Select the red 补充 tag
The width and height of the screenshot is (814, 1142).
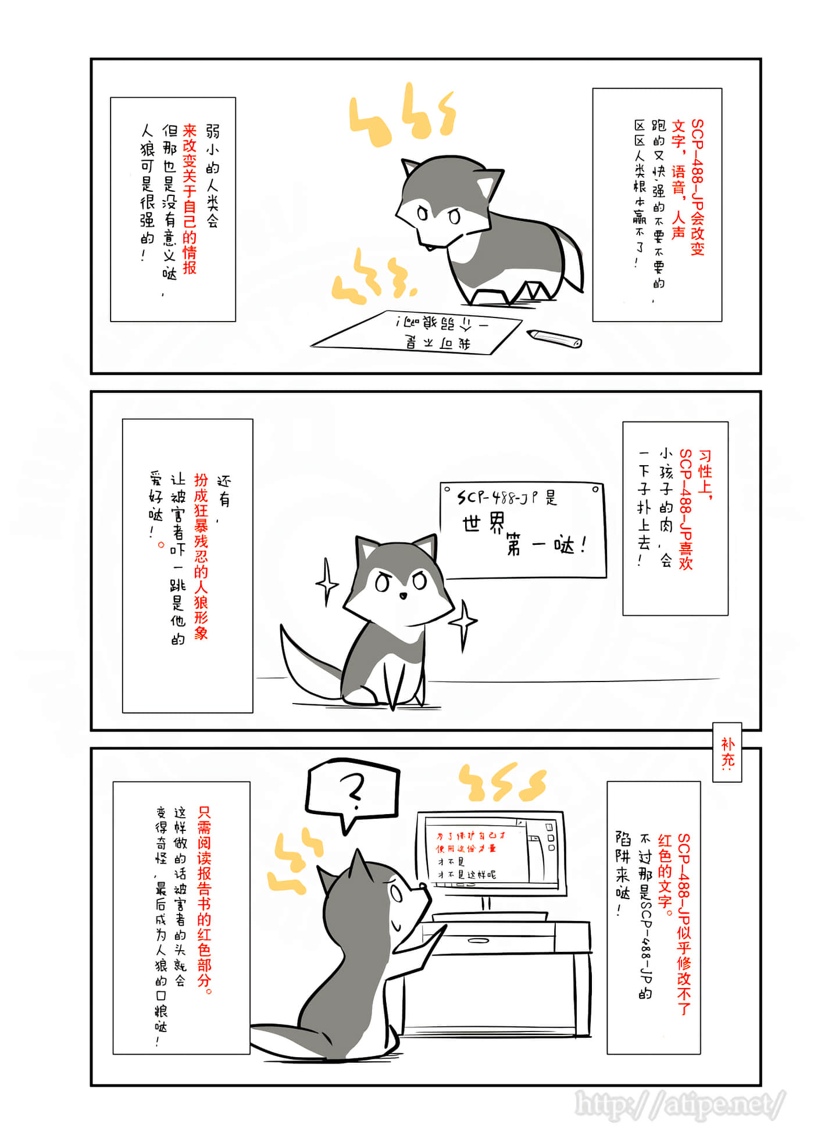click(727, 752)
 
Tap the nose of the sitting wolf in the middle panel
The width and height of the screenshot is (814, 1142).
click(402, 595)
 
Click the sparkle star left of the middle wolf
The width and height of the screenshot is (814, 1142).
click(327, 581)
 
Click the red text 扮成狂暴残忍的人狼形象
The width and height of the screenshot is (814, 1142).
click(201, 556)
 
